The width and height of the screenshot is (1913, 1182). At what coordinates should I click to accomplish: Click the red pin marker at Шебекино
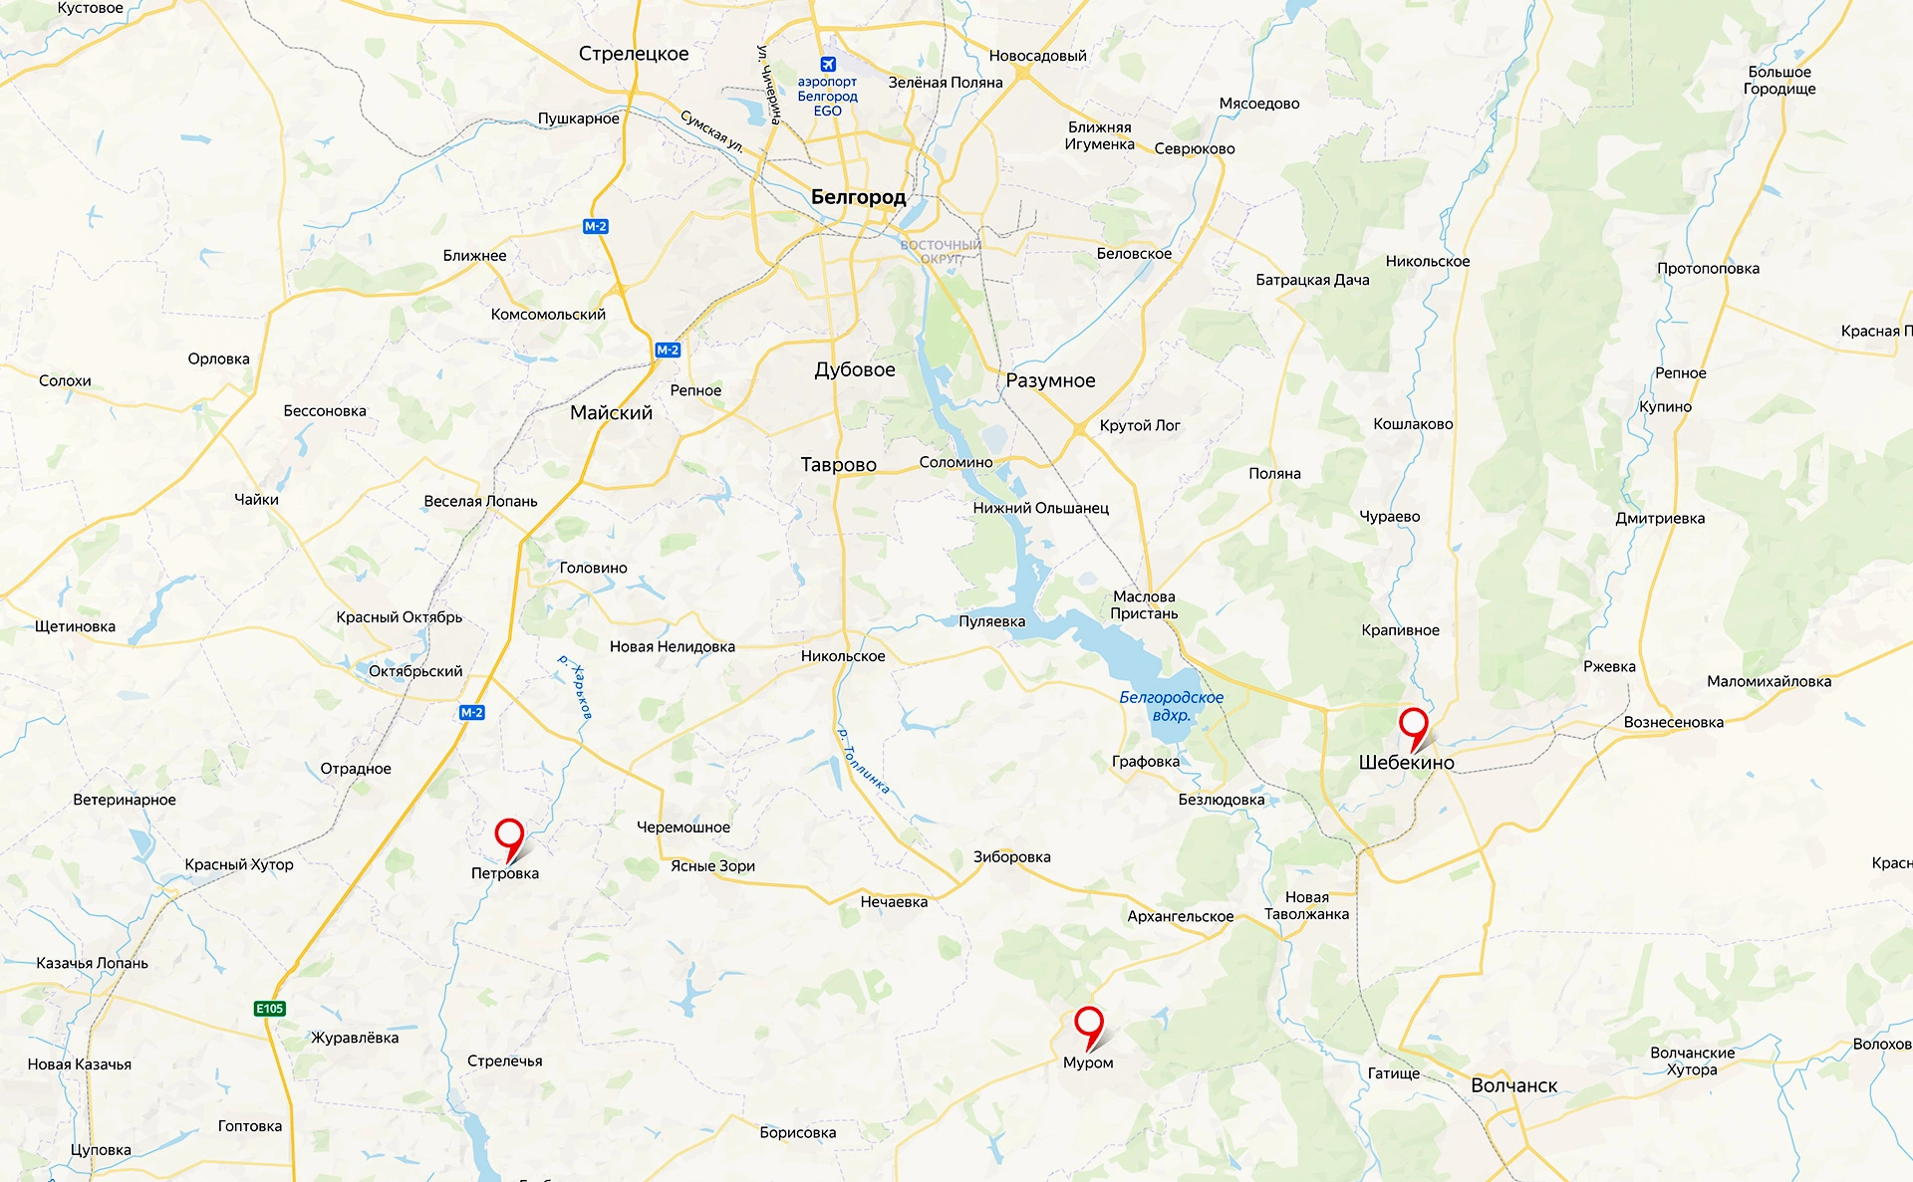pyautogui.click(x=1413, y=724)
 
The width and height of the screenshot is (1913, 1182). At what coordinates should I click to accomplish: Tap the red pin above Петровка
pyautogui.click(x=509, y=835)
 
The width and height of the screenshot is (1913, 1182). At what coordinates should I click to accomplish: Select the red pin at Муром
pyautogui.click(x=1088, y=1024)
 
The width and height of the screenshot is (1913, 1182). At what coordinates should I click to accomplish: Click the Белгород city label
pyautogui.click(x=858, y=197)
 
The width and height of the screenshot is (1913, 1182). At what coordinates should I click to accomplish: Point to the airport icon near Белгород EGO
pyautogui.click(x=827, y=65)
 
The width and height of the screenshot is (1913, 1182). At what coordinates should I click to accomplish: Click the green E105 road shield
pyautogui.click(x=270, y=1009)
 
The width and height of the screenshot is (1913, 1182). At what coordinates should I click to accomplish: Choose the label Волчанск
pyautogui.click(x=1513, y=1086)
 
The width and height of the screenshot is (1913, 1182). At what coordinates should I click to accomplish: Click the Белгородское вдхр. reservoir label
pyautogui.click(x=1171, y=706)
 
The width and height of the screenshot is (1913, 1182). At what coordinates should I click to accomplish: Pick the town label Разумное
pyautogui.click(x=1050, y=380)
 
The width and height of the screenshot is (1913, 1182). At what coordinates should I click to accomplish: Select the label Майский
pyautogui.click(x=611, y=413)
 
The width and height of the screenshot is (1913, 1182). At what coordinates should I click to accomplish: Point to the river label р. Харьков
pyautogui.click(x=576, y=687)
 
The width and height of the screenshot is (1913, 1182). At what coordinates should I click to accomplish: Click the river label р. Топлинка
pyautogui.click(x=863, y=762)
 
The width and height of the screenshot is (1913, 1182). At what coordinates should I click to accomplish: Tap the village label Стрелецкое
pyautogui.click(x=634, y=54)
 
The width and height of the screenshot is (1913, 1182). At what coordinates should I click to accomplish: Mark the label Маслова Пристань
pyautogui.click(x=1144, y=605)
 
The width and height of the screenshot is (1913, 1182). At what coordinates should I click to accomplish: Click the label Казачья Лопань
pyautogui.click(x=92, y=963)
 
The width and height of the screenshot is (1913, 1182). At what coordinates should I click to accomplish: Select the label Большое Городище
pyautogui.click(x=1779, y=81)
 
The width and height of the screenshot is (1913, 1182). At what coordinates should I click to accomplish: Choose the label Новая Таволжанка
pyautogui.click(x=1306, y=906)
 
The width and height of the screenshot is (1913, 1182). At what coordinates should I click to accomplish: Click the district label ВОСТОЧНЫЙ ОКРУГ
pyautogui.click(x=941, y=252)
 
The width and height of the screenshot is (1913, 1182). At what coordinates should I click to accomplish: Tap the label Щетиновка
pyautogui.click(x=75, y=626)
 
